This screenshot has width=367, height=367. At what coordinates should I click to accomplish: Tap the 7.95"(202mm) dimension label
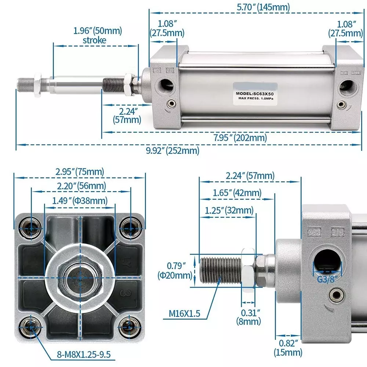point(240,138)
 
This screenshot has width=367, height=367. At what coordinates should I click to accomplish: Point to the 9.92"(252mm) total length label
point(172,150)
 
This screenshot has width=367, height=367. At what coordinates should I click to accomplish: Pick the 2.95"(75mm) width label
point(80,171)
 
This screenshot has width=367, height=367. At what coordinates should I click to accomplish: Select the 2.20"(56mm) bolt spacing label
point(81,186)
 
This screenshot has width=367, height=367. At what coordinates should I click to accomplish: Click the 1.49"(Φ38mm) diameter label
point(80,200)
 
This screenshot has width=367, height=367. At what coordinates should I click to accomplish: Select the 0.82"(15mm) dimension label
point(288,348)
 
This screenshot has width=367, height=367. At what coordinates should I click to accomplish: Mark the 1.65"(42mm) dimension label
point(237,192)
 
